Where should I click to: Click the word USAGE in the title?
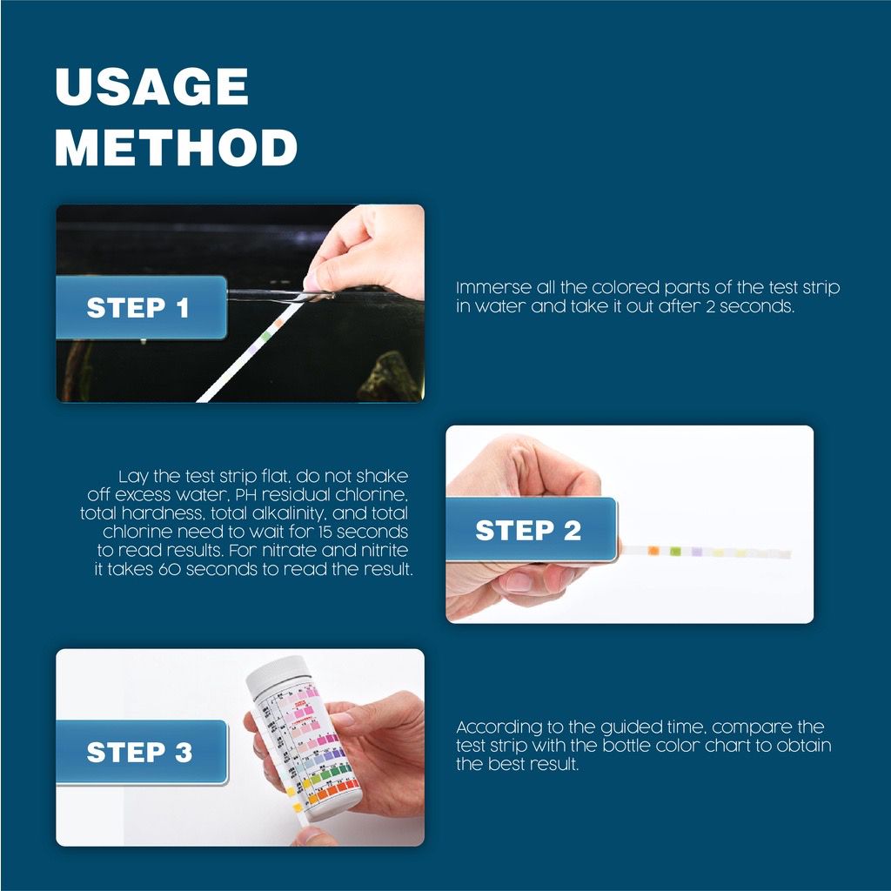[x=152, y=86]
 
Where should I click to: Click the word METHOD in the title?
[x=177, y=147]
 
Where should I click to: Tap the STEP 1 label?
[x=137, y=307]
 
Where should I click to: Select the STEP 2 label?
[x=527, y=530]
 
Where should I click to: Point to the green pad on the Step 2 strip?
[x=674, y=551]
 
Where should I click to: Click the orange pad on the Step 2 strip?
[x=653, y=550]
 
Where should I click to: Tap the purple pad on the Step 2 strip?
[x=695, y=552]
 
